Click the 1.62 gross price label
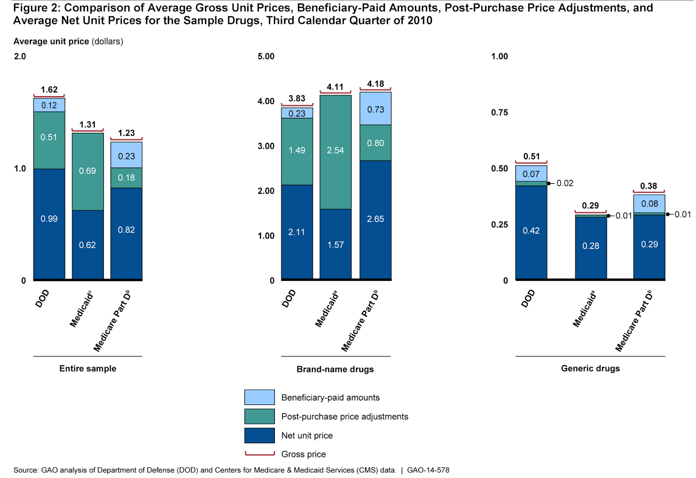point(49,90)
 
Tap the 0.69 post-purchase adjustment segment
point(87,171)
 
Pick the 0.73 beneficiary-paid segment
point(375,109)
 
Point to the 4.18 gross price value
point(375,84)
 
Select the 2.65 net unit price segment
point(375,219)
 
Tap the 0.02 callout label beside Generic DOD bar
point(565,183)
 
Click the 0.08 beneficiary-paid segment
point(649,204)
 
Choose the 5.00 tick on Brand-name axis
point(266,57)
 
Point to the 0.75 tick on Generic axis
point(499,113)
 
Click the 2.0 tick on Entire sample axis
point(20,57)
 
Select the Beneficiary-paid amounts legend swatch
point(259,397)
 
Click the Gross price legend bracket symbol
point(259,454)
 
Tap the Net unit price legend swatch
point(259,435)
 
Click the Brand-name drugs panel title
point(335,369)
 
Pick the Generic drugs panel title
point(590,368)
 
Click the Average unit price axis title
point(68,41)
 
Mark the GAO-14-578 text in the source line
point(428,470)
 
